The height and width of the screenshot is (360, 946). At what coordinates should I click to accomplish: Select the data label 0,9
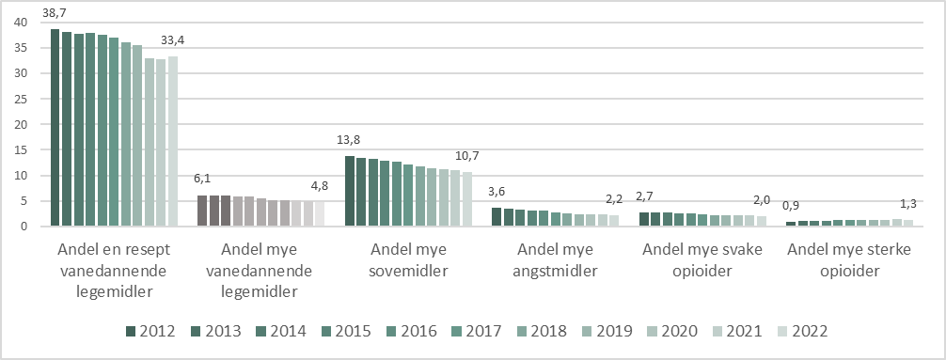792,206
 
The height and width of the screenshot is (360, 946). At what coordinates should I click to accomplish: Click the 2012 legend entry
150,331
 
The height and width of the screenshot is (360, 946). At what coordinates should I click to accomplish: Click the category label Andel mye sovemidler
408,261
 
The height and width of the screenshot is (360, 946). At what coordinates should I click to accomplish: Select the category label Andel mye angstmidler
556,261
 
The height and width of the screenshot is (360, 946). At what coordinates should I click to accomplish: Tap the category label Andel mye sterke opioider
848,261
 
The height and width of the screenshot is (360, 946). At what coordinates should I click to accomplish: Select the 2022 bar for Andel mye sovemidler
467,199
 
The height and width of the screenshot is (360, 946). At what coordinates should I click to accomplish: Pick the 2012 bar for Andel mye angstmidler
497,217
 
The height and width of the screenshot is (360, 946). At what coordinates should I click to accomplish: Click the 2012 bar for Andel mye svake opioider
643,219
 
